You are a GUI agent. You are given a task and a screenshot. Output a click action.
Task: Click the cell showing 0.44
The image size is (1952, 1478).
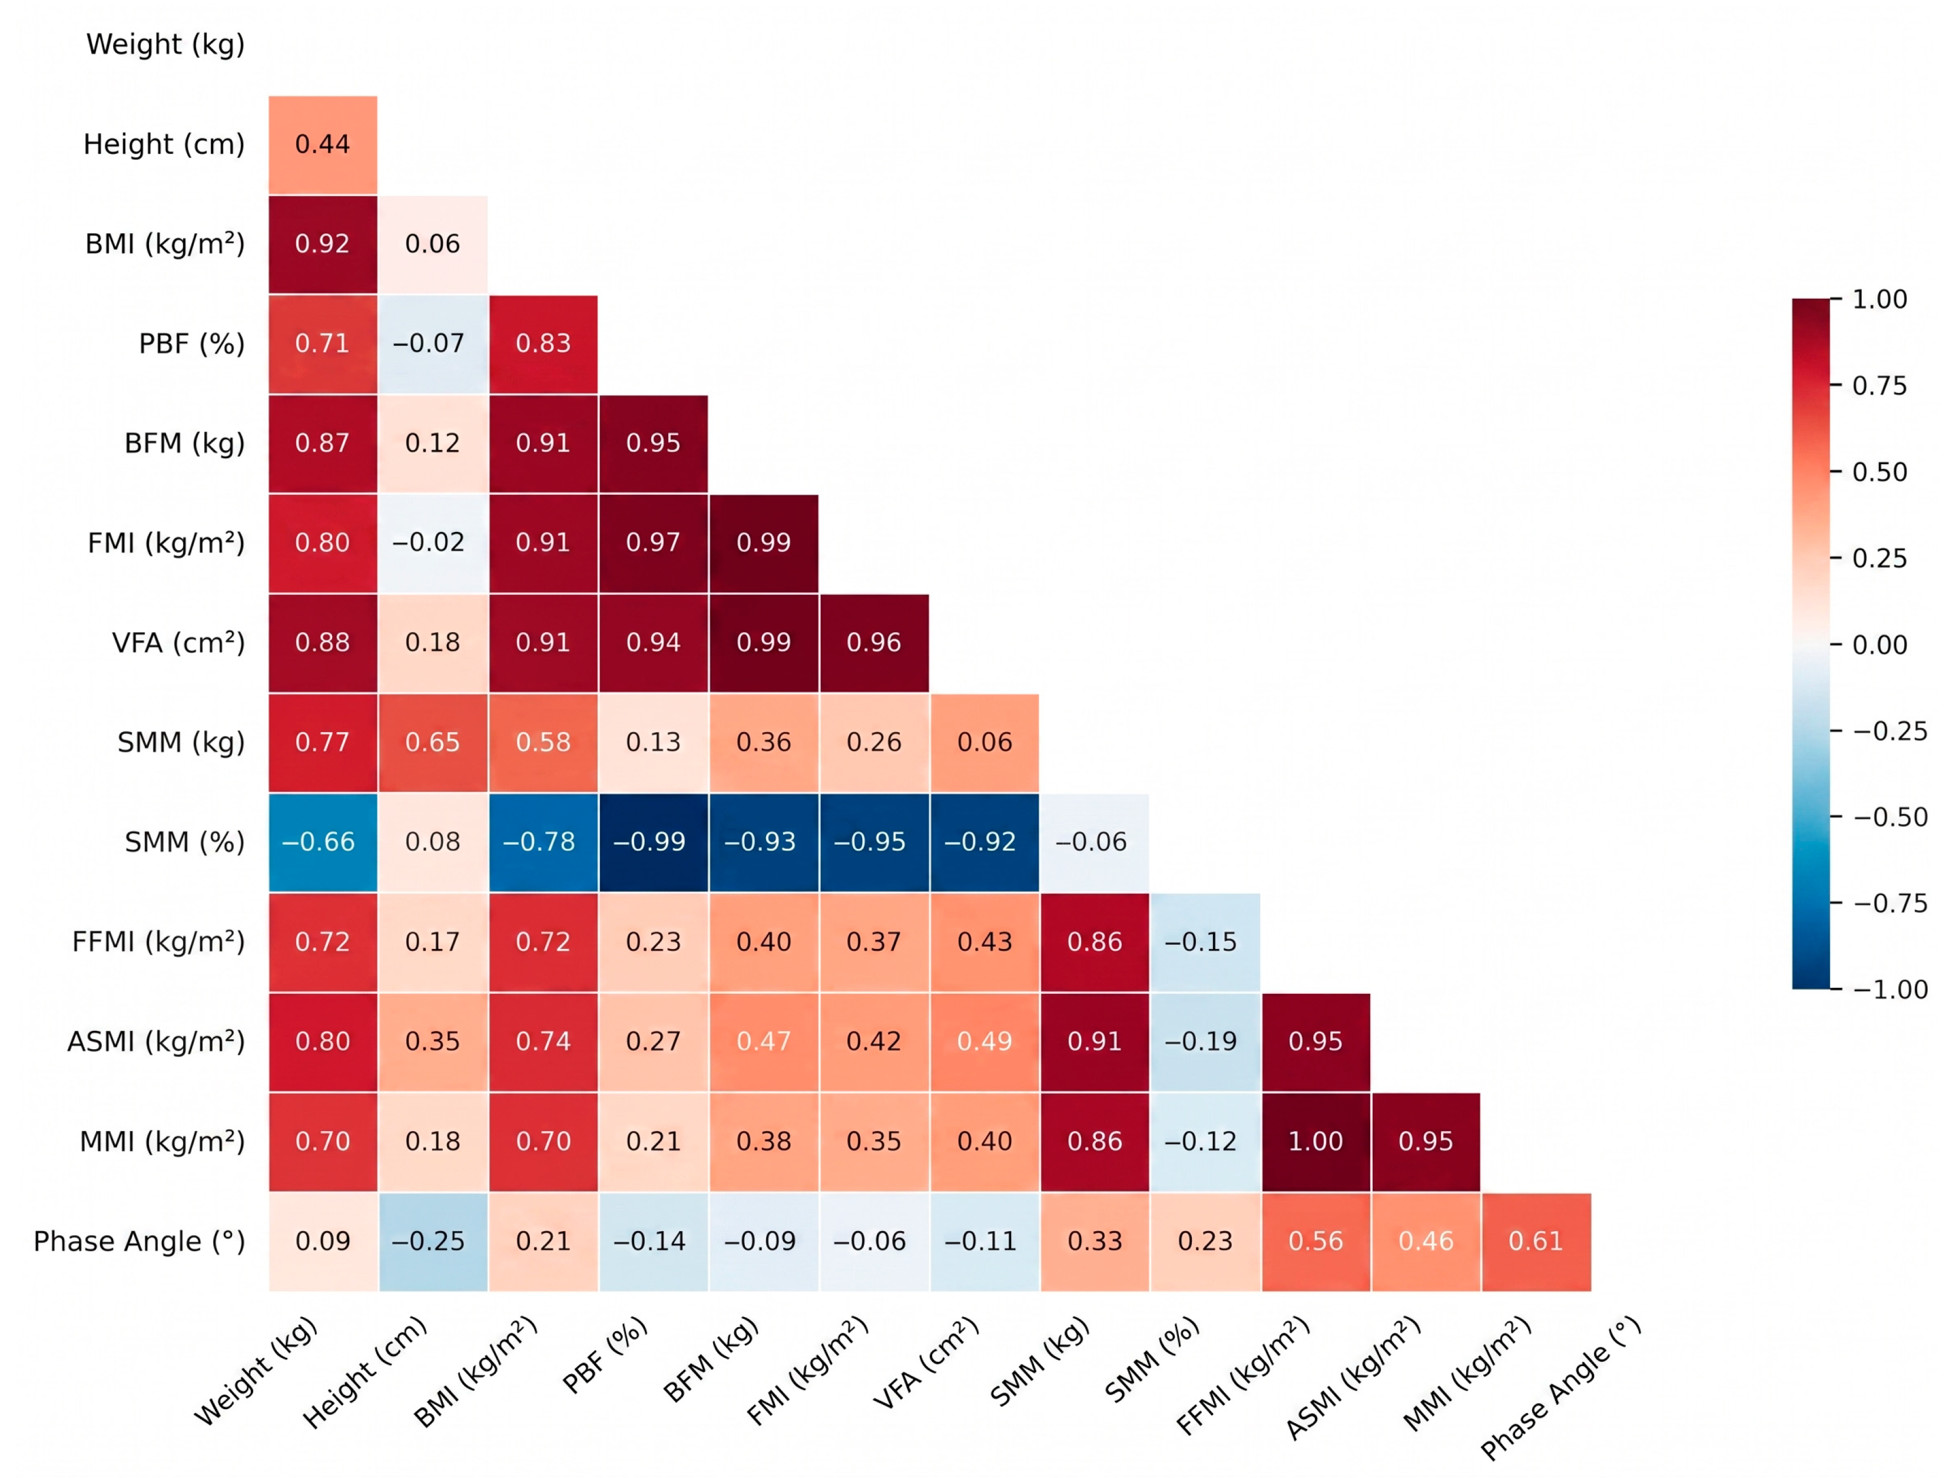(x=323, y=145)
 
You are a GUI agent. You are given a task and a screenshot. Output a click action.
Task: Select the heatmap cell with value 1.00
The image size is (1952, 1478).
(x=1315, y=1142)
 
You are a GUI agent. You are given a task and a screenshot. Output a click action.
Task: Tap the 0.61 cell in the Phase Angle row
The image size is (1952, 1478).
(x=1536, y=1241)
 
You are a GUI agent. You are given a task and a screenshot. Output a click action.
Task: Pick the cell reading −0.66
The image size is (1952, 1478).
(x=323, y=842)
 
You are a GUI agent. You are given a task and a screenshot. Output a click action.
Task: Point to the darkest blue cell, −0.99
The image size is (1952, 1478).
(x=653, y=842)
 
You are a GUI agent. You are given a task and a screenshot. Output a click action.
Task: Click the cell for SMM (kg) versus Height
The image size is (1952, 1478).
(x=433, y=742)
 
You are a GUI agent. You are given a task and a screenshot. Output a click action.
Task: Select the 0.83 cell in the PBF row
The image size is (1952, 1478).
(x=543, y=343)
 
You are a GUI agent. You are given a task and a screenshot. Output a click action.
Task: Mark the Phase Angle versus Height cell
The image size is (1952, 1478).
(x=433, y=1241)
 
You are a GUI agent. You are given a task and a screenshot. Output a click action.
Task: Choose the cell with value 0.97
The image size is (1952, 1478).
(x=653, y=543)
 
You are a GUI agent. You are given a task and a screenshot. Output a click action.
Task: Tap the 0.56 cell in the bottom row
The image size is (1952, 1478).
(x=1315, y=1241)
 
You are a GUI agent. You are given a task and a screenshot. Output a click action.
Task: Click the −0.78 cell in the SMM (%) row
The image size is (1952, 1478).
(x=543, y=842)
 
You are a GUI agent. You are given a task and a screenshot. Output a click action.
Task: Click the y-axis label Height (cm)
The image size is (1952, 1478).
(x=164, y=145)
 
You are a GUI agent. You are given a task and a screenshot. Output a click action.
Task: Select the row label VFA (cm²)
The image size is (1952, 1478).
(x=178, y=643)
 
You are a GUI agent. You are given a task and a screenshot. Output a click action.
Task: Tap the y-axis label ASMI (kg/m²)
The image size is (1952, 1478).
(x=156, y=1042)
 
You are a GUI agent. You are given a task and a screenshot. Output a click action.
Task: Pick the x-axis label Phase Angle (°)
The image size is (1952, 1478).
(x=1560, y=1387)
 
